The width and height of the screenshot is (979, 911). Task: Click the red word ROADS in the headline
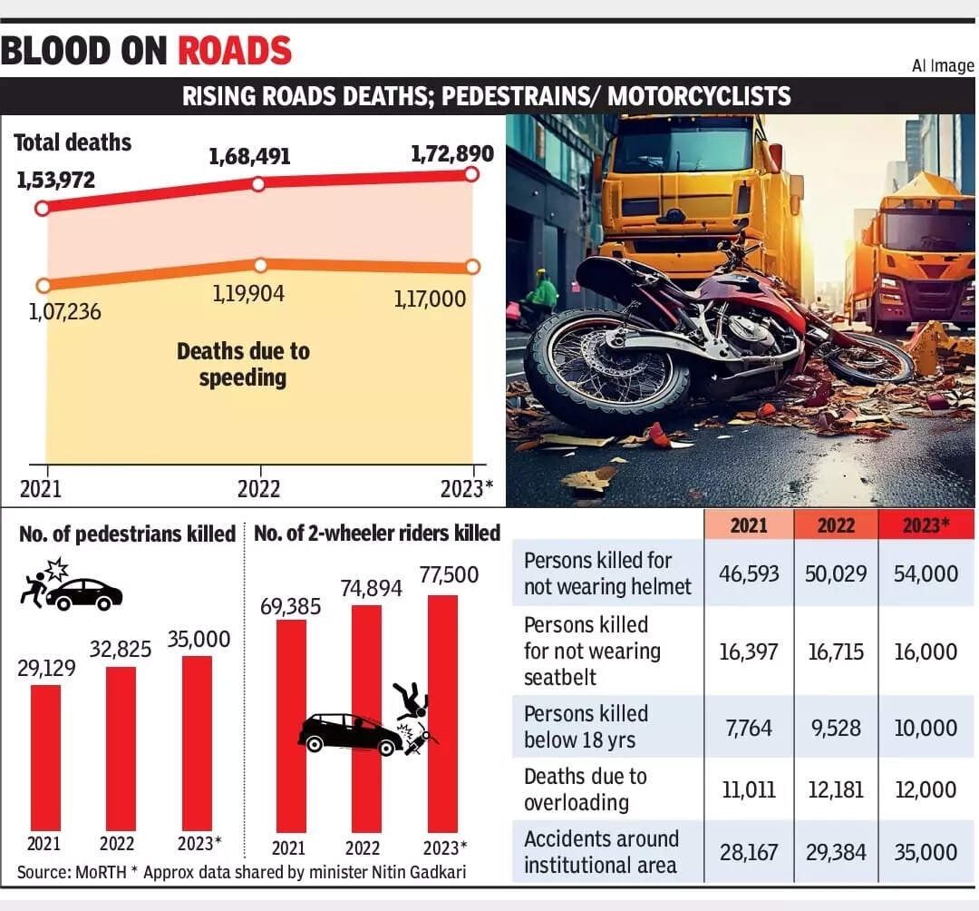235,50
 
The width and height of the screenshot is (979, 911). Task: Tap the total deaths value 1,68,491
249,157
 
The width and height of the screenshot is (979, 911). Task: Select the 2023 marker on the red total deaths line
470,174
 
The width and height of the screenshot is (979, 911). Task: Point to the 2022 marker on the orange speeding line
260,265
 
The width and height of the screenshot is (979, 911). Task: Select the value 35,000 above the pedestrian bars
199,639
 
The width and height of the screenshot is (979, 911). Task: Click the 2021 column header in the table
748,525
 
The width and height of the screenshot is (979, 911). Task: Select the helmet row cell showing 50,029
835,573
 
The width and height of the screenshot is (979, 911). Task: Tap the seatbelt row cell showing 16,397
748,651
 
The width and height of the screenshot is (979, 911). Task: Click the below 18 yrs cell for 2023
926,728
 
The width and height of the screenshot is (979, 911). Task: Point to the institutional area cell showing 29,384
835,852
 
